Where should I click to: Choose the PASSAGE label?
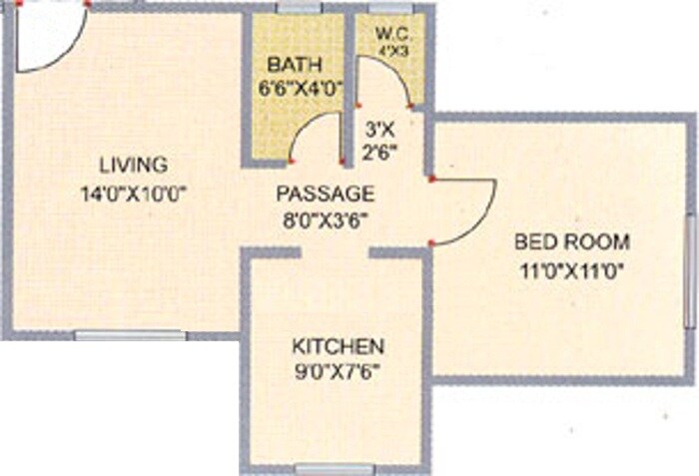point(326,193)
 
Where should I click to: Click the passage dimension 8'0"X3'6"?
point(326,220)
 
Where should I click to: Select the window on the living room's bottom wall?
point(117,335)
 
